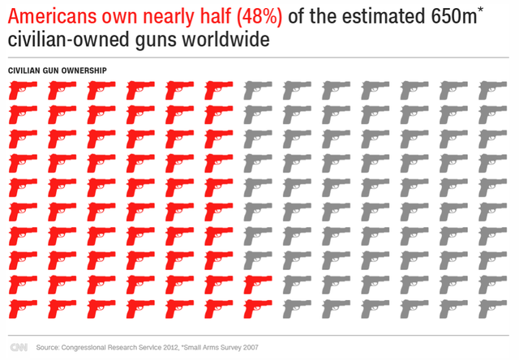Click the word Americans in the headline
tap(47, 17)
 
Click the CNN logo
tap(18, 346)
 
